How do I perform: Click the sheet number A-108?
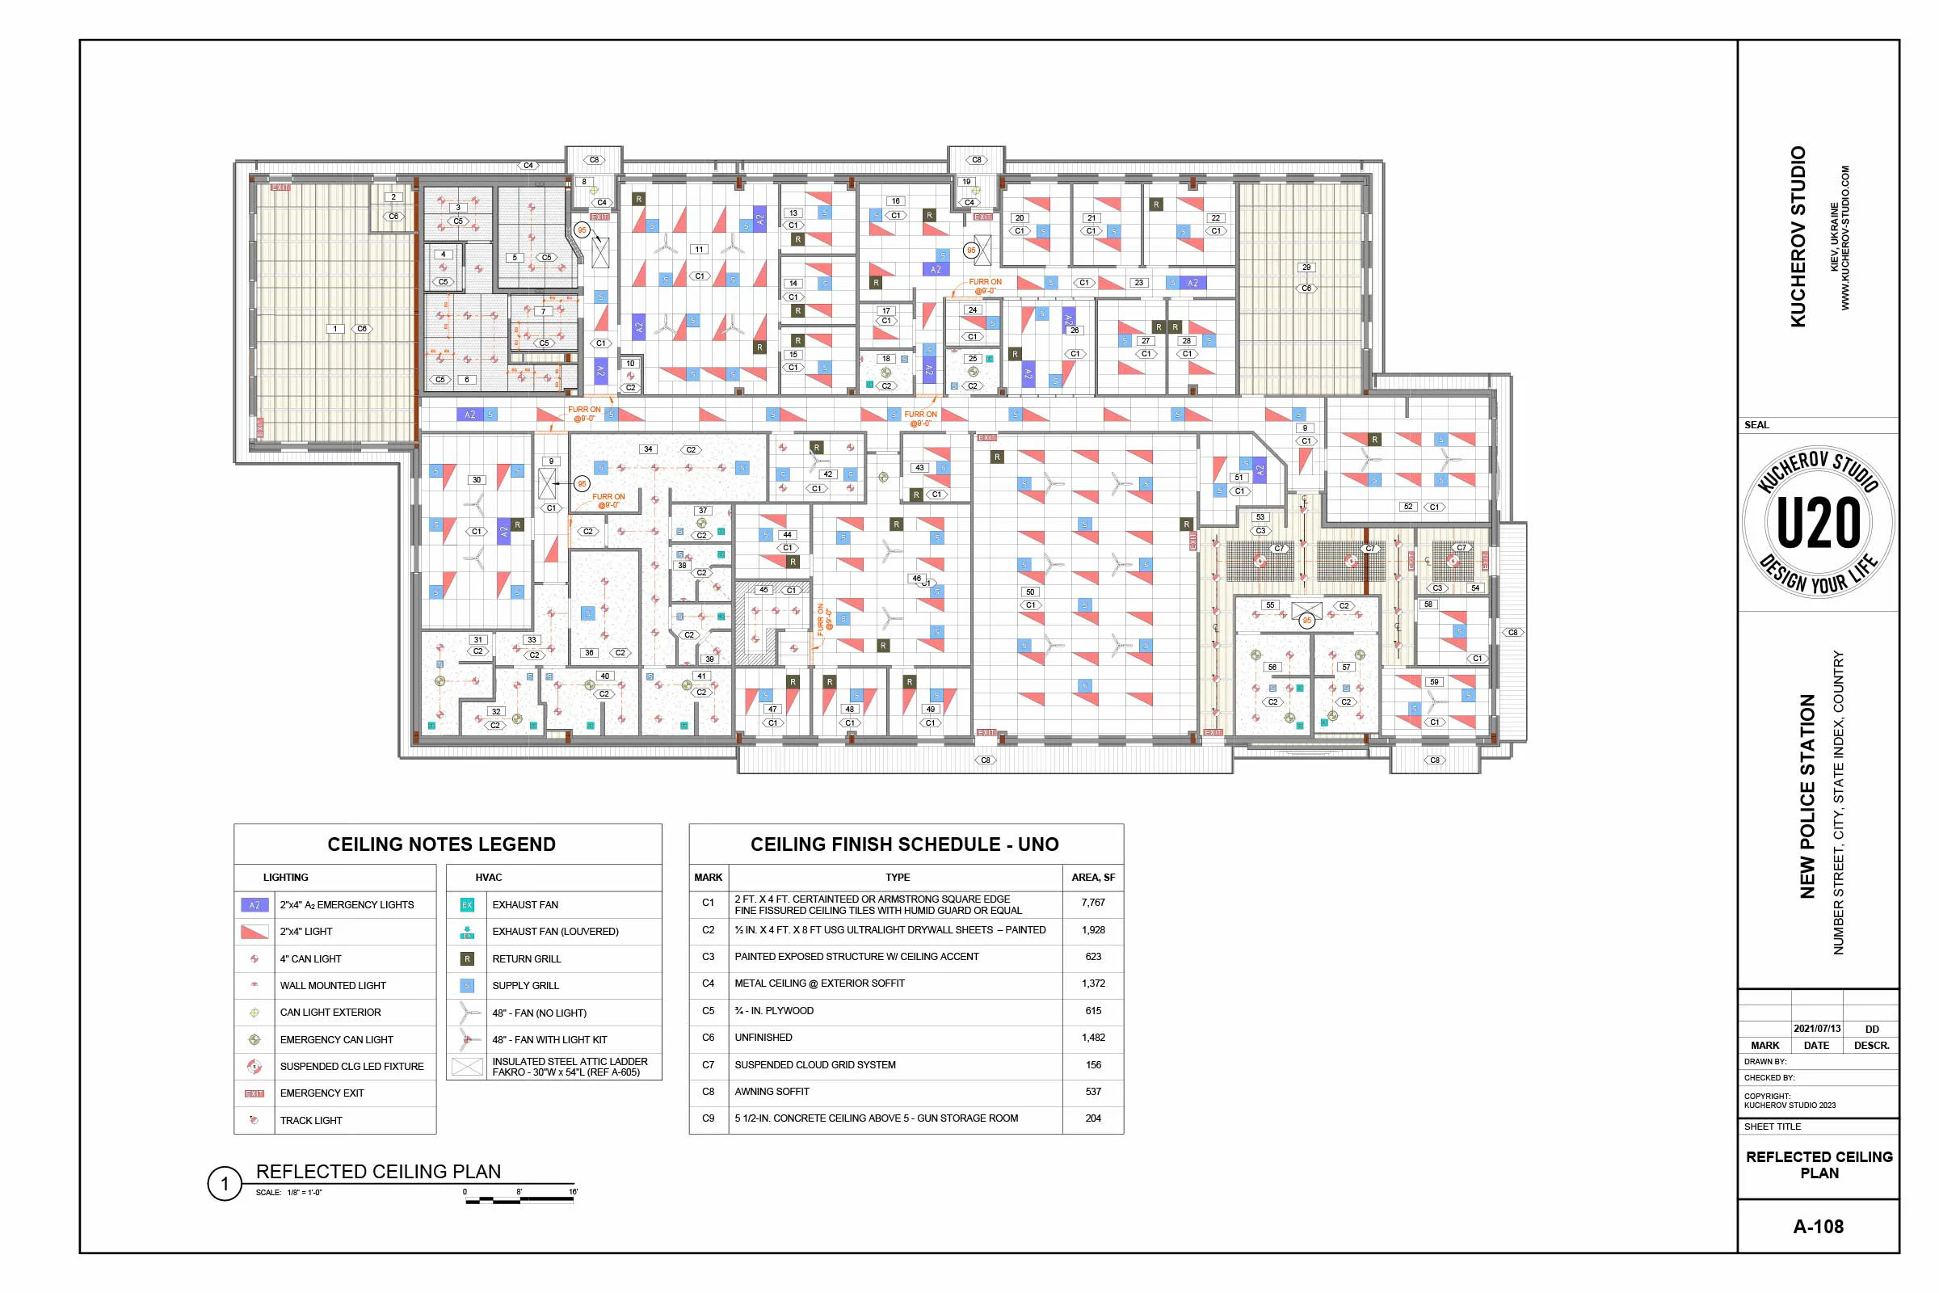point(1818,1226)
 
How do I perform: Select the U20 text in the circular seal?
point(1818,523)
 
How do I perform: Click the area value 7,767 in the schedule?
point(1092,903)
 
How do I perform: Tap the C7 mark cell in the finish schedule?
point(709,1064)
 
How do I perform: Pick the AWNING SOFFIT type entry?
point(772,1092)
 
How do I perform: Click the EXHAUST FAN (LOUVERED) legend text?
point(555,932)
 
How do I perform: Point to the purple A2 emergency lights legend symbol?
point(254,904)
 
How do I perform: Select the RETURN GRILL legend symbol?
point(467,959)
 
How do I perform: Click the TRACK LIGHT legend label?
point(311,1121)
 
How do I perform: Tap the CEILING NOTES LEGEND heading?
point(441,844)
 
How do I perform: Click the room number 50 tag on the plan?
point(1029,592)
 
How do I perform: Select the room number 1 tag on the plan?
point(334,329)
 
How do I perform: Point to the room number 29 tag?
point(1306,267)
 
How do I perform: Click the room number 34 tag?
point(648,449)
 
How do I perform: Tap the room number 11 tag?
point(699,249)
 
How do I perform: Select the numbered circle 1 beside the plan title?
point(224,1185)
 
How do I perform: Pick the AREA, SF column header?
point(1092,878)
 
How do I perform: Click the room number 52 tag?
point(1408,508)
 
